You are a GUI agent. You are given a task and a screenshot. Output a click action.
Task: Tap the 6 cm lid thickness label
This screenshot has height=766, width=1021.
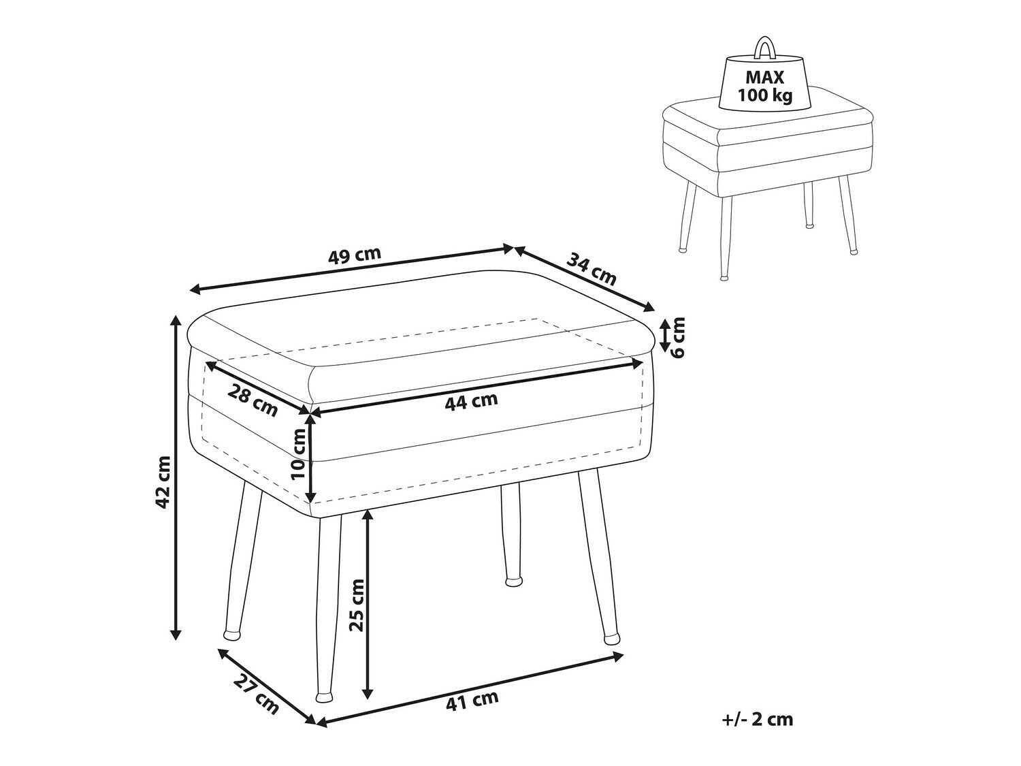(679, 337)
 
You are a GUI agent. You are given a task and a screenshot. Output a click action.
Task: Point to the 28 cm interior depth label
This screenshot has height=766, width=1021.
(253, 401)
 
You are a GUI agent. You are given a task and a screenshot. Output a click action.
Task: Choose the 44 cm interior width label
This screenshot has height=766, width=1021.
(471, 401)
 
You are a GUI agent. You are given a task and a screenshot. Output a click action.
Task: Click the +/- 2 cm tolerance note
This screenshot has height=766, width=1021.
(758, 733)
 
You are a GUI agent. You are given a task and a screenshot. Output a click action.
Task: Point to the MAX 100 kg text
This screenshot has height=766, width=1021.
(764, 86)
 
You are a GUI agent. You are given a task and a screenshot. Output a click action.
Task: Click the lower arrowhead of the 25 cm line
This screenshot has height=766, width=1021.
(368, 705)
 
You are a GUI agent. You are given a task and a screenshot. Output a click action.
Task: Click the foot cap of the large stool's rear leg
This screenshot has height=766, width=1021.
(513, 582)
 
